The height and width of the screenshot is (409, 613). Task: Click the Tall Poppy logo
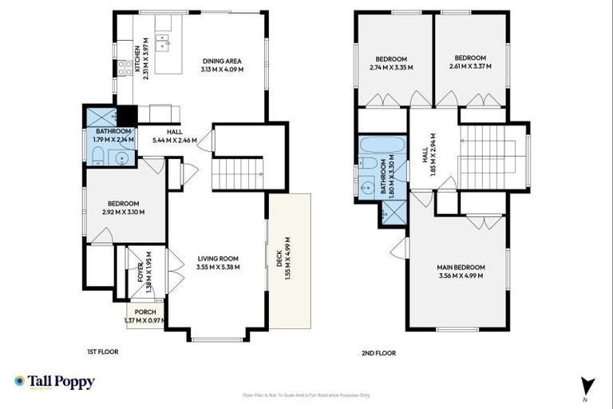pos(54,383)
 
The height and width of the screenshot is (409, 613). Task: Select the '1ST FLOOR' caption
pos(104,352)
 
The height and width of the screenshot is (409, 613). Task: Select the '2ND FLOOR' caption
pos(378,352)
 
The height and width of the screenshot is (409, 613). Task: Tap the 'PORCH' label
pos(144,312)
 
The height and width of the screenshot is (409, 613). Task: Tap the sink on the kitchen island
pos(164,39)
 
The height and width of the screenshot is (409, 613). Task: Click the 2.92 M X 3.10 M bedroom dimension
pos(124,212)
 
